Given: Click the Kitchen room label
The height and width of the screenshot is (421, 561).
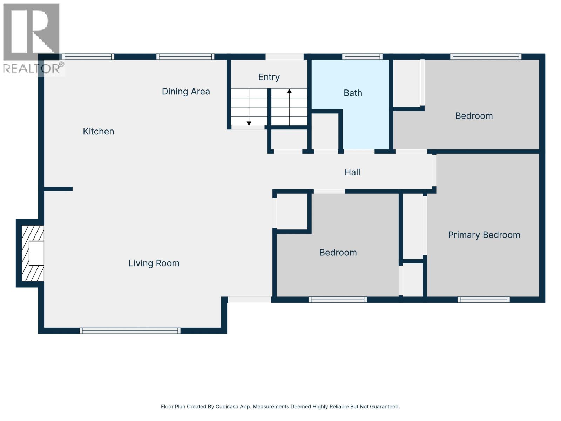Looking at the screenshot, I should click(98, 131).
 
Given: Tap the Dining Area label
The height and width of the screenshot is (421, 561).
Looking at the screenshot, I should click(186, 92).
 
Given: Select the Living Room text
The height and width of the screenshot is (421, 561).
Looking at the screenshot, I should click(154, 263).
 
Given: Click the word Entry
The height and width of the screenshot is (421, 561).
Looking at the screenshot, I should click(269, 77).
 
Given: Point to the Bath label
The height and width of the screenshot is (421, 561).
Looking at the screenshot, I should click(353, 93).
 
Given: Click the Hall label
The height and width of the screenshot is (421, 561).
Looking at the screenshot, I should click(352, 172).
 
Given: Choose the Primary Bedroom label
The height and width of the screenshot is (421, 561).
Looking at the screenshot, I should click(484, 235).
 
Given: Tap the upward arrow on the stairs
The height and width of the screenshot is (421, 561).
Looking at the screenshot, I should click(289, 91).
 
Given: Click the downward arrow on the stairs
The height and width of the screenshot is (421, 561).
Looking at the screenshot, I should click(249, 123).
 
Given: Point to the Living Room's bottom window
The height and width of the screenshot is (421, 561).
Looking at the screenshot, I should click(130, 330).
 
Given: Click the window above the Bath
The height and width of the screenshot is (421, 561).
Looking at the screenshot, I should click(362, 56).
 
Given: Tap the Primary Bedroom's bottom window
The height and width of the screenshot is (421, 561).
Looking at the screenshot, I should click(484, 300).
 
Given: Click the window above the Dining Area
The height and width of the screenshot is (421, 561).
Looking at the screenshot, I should click(185, 56).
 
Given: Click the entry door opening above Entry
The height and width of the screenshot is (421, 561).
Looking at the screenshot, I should click(284, 56).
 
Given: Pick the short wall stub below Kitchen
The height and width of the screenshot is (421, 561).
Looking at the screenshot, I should click(58, 189).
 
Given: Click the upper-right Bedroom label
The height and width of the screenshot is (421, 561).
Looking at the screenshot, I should click(474, 116).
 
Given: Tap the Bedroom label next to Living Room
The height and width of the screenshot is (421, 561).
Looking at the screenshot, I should click(338, 253).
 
